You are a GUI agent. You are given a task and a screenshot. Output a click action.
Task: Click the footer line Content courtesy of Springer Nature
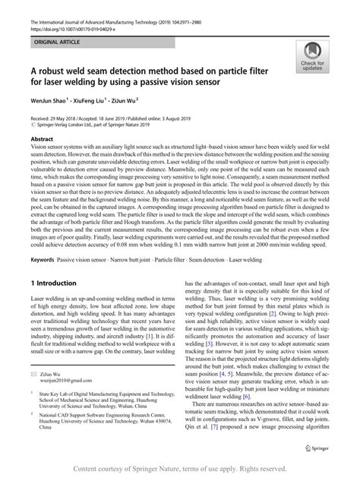point(180,469)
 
